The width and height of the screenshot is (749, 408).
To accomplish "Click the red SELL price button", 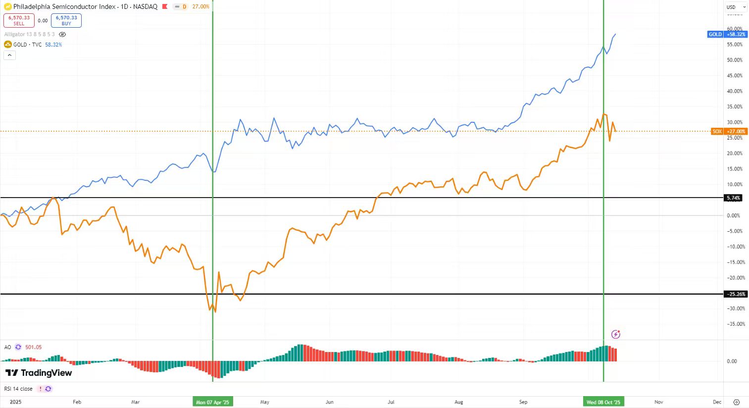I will [19, 20].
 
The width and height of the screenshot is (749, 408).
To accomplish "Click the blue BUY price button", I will [66, 20].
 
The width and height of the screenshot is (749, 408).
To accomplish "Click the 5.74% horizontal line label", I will [733, 198].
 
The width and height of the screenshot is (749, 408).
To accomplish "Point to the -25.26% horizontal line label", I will [736, 294].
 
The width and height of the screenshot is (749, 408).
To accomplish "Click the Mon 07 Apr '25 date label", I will [212, 402].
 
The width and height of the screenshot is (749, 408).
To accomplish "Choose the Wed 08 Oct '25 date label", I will [603, 402].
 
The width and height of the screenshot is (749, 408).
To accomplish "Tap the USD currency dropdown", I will [735, 7].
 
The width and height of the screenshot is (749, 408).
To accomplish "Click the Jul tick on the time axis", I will [391, 402].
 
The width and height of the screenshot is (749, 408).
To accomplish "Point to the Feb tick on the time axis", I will [77, 402].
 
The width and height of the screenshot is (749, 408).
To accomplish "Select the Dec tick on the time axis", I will [717, 402].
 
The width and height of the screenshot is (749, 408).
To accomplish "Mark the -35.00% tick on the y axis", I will [735, 324].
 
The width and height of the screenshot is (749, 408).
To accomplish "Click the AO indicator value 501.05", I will [34, 347].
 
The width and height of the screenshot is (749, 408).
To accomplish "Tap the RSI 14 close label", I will [18, 389].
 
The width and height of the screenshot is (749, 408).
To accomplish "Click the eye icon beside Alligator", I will [62, 35].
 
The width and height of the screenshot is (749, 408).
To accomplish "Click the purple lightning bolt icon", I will [616, 334].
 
